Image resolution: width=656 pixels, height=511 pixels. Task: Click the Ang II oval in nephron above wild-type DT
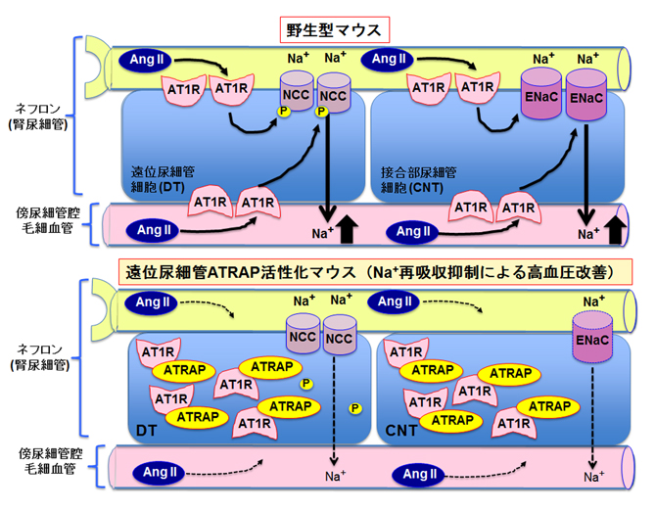[x=146, y=61]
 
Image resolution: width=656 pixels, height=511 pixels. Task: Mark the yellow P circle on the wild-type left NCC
[x=284, y=113]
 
